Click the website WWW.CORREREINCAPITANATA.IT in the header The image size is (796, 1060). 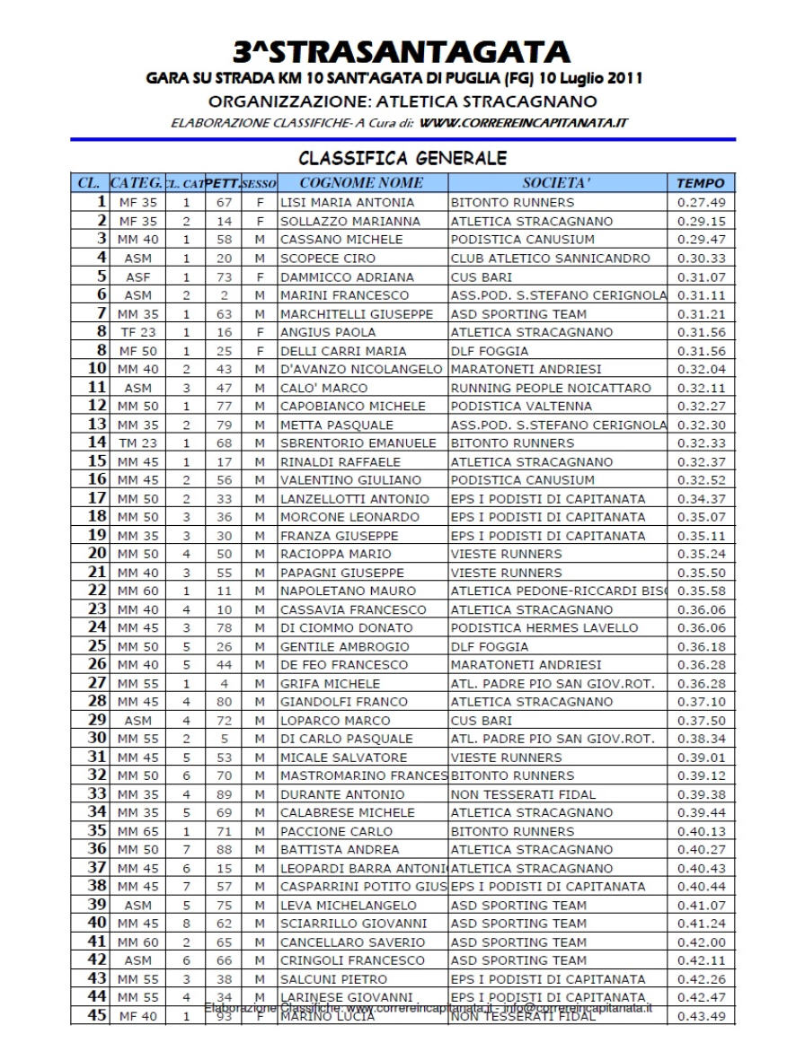coord(524,122)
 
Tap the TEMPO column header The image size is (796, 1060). coord(700,183)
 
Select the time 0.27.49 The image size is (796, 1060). coord(701,203)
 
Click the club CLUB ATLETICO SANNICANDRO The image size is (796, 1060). coord(550,258)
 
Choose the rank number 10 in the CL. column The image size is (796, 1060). coord(97,369)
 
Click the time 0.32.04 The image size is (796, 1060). coord(701,369)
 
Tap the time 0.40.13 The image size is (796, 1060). coord(701,831)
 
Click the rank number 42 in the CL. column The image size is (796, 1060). coord(97,960)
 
